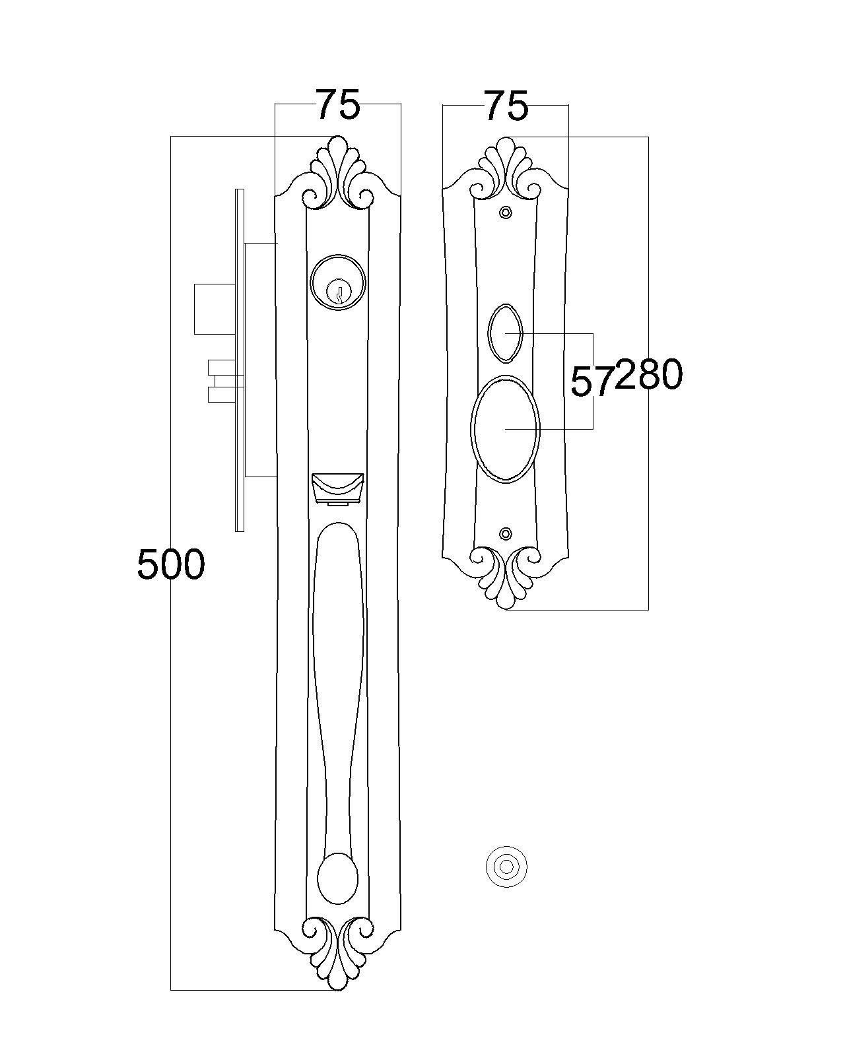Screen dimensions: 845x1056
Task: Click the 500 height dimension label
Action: click(x=170, y=564)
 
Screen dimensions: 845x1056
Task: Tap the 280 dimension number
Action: click(x=648, y=375)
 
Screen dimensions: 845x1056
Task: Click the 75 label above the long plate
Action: click(x=338, y=104)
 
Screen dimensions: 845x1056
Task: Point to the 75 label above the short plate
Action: click(x=506, y=106)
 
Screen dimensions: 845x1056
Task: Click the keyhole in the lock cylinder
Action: click(x=337, y=292)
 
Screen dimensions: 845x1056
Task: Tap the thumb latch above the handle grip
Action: click(x=338, y=489)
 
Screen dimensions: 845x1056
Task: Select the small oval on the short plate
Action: click(x=505, y=333)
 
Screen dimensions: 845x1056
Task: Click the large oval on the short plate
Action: click(x=505, y=429)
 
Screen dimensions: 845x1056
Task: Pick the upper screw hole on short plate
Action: click(x=505, y=213)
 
